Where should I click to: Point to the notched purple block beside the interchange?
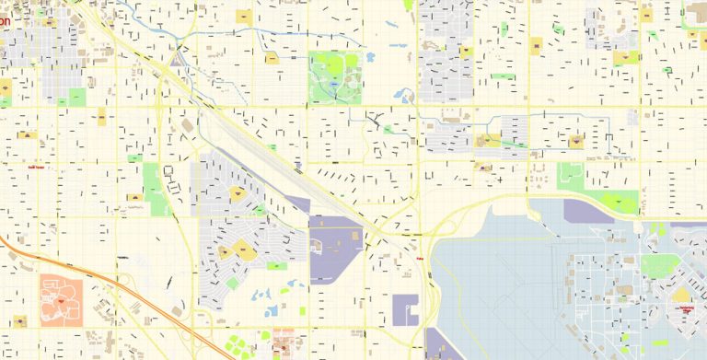[405, 309]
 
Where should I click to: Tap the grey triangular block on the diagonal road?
[174, 59]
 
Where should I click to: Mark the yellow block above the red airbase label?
[681, 294]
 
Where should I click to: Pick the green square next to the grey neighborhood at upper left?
[75, 96]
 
